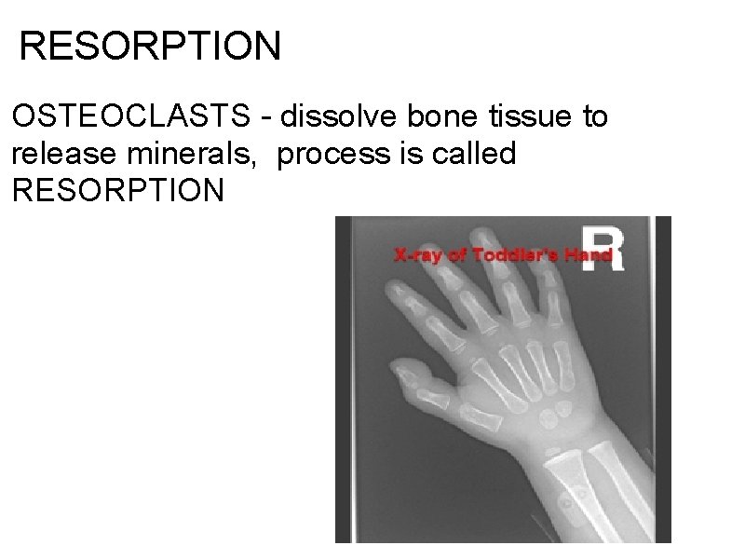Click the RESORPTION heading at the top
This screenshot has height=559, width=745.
click(149, 45)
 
